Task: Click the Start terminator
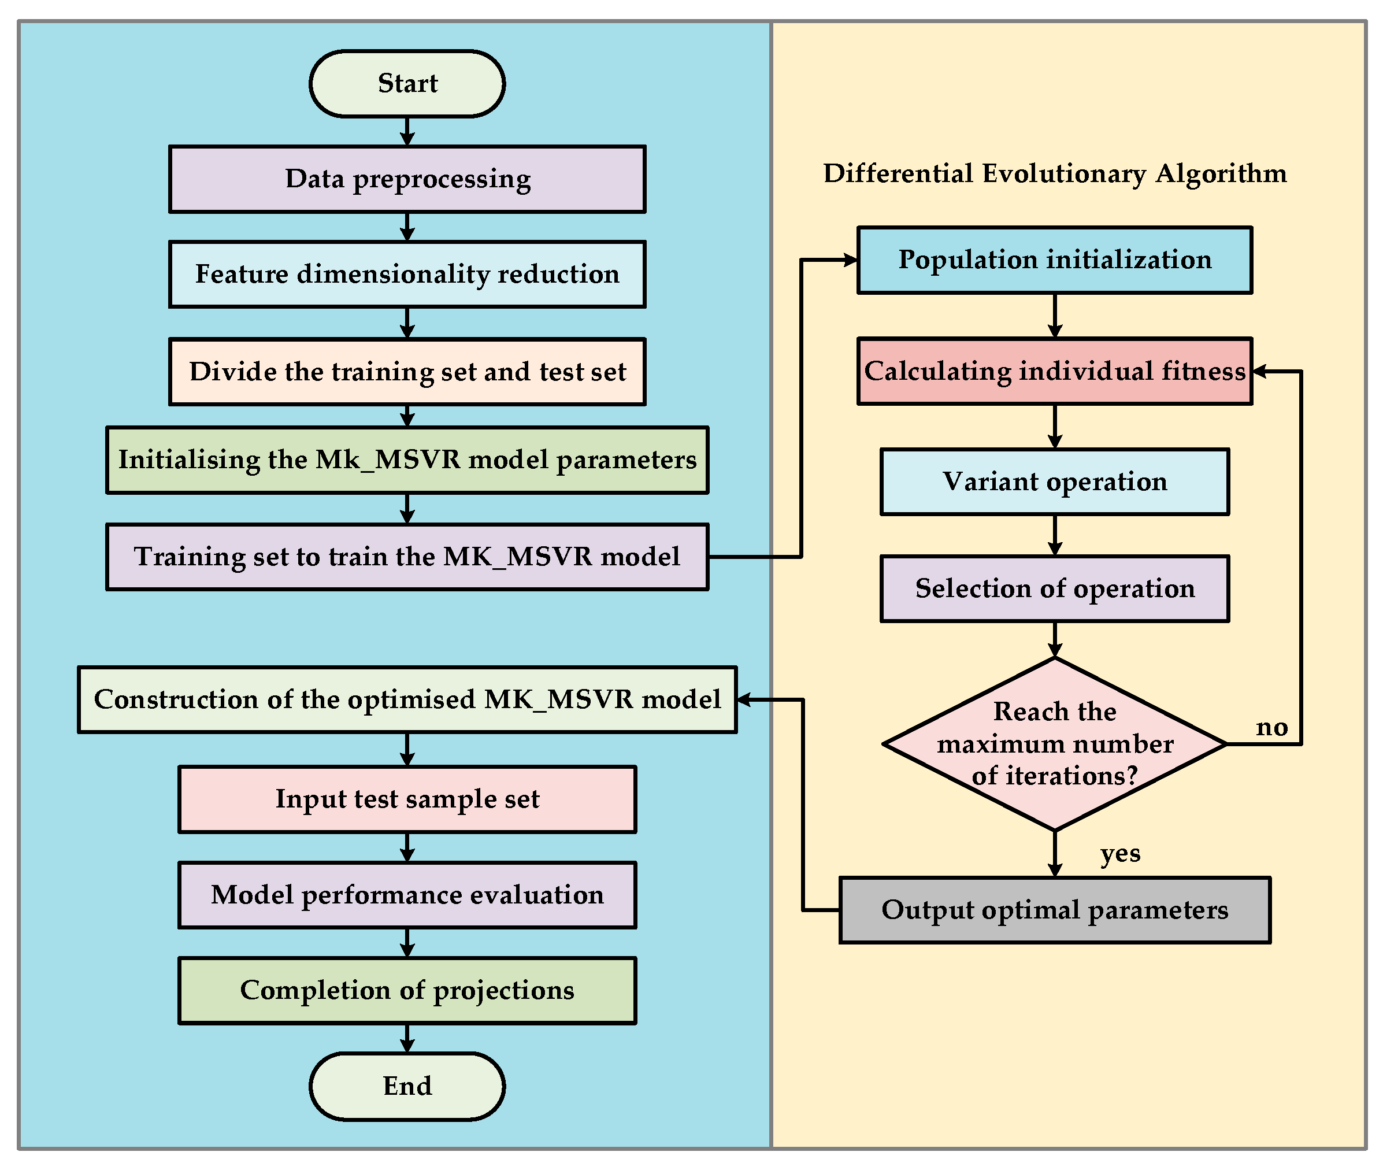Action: pyautogui.click(x=407, y=84)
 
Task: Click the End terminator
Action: pyautogui.click(x=407, y=1086)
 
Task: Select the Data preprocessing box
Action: pyautogui.click(x=407, y=179)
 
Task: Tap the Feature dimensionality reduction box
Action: pyautogui.click(x=407, y=274)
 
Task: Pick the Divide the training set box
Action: pyautogui.click(x=407, y=372)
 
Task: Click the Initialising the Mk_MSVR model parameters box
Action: pyautogui.click(x=407, y=460)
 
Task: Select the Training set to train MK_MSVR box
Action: pyautogui.click(x=407, y=557)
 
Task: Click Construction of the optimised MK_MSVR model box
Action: pyautogui.click(x=407, y=699)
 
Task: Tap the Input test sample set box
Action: pyautogui.click(x=407, y=799)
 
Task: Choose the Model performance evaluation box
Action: pyautogui.click(x=407, y=895)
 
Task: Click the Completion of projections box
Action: pyautogui.click(x=407, y=990)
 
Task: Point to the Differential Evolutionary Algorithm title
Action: pyautogui.click(x=1054, y=173)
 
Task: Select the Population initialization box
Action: pyautogui.click(x=1054, y=260)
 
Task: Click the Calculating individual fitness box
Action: pyautogui.click(x=1054, y=371)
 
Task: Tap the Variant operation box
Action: pyautogui.click(x=1054, y=482)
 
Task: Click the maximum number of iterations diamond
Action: pyautogui.click(x=1054, y=744)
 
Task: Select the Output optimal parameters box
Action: pyautogui.click(x=1054, y=910)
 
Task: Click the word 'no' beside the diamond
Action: pyautogui.click(x=1271, y=727)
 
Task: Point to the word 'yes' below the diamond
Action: pyautogui.click(x=1119, y=853)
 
